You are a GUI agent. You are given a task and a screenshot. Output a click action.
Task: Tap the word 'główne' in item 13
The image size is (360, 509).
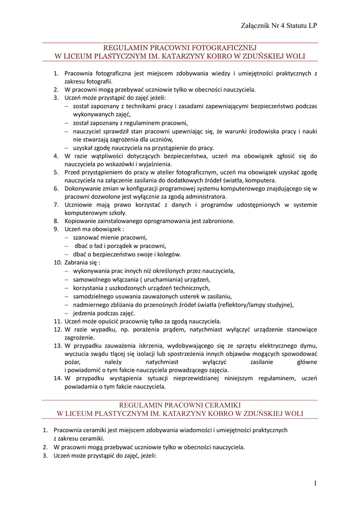coord(306,362)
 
